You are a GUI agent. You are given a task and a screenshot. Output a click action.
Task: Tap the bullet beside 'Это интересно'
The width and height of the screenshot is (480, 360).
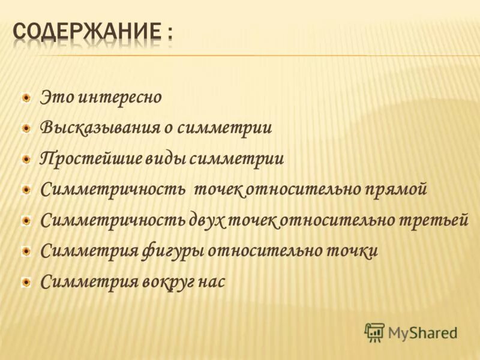tap(26, 97)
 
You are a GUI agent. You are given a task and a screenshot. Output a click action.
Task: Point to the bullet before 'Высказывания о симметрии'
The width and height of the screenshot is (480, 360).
tap(26, 128)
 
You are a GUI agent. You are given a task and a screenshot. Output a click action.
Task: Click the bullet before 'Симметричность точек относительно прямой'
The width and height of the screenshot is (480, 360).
tap(26, 190)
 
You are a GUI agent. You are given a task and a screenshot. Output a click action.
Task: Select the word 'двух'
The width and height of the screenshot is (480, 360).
tap(206, 221)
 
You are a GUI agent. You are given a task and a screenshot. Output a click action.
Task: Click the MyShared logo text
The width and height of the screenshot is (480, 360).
tap(422, 332)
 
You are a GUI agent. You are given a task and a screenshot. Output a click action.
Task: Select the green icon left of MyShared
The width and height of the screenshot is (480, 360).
tap(374, 332)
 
